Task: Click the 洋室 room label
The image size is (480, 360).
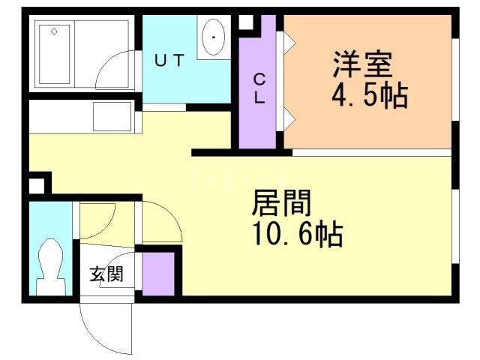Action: click(x=363, y=65)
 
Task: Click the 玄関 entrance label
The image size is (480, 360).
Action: click(x=106, y=274)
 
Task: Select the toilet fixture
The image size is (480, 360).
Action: click(x=51, y=266)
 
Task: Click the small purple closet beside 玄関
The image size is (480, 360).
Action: click(x=157, y=274)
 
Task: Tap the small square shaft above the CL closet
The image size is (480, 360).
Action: click(x=245, y=22)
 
